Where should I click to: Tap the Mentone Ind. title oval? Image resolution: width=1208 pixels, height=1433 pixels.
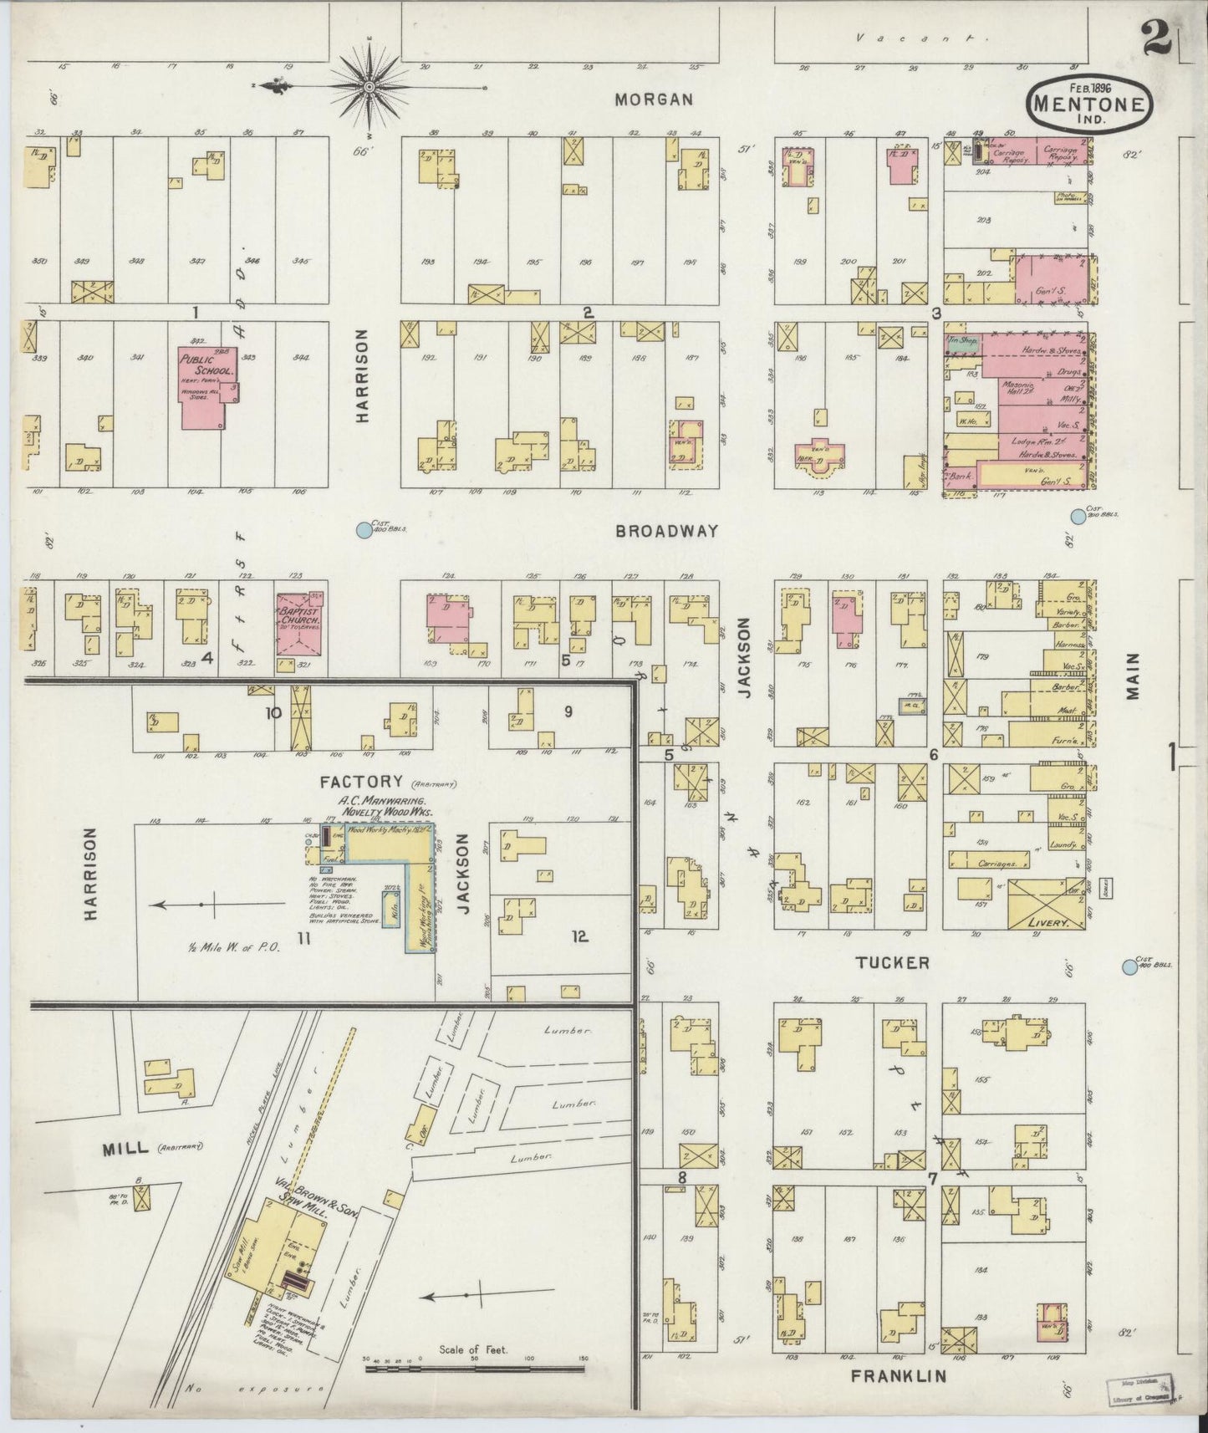1091,103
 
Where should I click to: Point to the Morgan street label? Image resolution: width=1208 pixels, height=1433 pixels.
654,99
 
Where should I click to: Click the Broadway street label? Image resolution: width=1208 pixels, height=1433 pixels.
666,531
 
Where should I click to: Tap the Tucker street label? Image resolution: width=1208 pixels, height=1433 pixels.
892,963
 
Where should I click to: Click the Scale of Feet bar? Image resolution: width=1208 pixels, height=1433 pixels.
474,1369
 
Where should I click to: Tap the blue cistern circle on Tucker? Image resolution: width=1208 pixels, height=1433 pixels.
1129,967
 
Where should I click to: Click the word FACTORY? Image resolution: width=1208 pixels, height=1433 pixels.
362,782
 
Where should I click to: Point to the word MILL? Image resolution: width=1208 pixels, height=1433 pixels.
125,1149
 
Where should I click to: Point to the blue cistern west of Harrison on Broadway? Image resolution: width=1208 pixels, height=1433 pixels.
364,529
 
